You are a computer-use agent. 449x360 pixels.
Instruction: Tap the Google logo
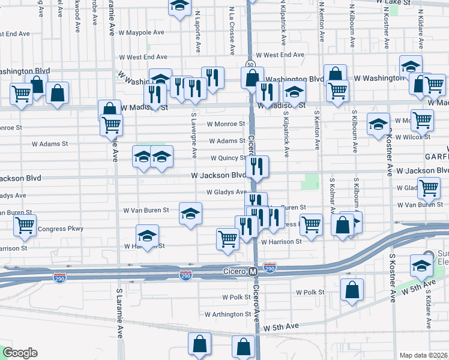tap(20, 353)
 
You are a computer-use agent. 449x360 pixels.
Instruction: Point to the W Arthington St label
tap(228, 314)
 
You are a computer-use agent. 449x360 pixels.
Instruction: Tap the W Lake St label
tap(393, 2)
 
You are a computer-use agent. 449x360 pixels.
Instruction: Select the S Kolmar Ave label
tap(331, 196)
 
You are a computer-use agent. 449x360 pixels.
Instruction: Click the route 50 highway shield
tap(249, 64)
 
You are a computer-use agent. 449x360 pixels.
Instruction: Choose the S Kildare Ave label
tap(429, 311)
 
